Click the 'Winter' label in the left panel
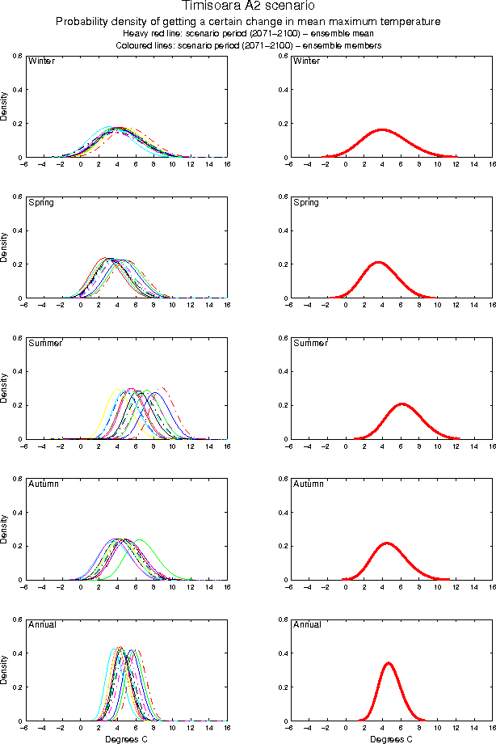41,61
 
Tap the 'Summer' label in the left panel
44,343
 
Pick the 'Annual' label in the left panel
41,624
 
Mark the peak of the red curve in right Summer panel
401,404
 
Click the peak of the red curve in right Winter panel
382,129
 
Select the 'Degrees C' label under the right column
392,738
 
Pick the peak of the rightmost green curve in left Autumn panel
139,539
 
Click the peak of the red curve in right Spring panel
377,262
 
